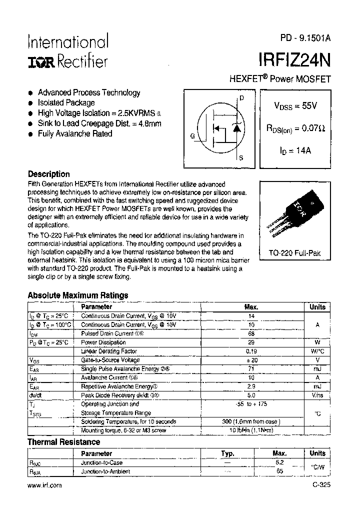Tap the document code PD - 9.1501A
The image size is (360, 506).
(305, 39)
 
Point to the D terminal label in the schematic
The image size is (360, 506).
(242, 98)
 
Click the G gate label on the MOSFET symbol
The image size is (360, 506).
(192, 135)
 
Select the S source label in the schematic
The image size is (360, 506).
(241, 158)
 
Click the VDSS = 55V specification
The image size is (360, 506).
(295, 106)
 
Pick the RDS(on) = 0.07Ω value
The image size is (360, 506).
(295, 128)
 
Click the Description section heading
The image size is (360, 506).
(48, 174)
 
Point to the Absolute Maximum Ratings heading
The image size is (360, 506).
(77, 295)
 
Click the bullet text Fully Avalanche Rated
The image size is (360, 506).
(75, 133)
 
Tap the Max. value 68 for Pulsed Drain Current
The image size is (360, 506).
(251, 333)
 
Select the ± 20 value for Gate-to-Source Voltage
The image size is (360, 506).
(251, 360)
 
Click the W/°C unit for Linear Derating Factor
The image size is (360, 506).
(317, 351)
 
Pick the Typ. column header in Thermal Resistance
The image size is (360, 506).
(227, 453)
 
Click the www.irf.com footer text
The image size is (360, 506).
(44, 485)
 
